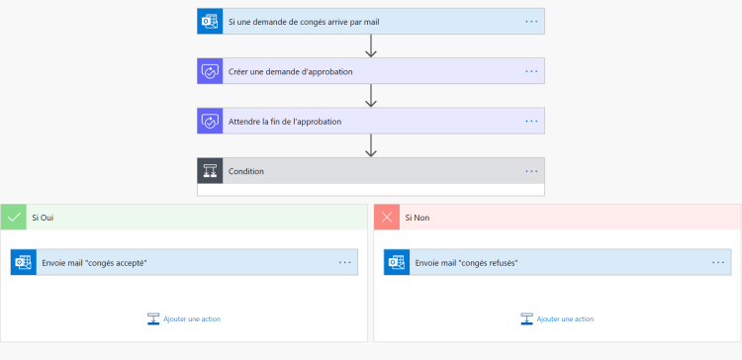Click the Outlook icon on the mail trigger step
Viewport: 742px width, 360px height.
210,21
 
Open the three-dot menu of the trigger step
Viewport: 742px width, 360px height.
531,21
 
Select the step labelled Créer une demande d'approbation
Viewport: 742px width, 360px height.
290,71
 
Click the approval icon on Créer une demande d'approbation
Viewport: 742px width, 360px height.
210,71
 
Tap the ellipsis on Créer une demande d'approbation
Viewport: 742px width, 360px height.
531,71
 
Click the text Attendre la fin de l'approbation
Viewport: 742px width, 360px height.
285,122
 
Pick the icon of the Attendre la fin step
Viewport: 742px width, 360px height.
210,122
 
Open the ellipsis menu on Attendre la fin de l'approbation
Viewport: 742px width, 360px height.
531,122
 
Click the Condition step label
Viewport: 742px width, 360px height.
246,171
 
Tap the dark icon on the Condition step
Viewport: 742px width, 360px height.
210,171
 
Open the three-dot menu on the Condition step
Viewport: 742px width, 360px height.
531,171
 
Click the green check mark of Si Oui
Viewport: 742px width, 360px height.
14,217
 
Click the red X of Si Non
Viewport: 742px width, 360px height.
387,217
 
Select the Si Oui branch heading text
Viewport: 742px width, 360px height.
43,217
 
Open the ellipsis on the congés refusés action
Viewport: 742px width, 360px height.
718,262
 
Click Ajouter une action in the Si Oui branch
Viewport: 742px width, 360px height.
191,319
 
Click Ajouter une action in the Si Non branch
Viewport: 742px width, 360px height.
565,319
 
